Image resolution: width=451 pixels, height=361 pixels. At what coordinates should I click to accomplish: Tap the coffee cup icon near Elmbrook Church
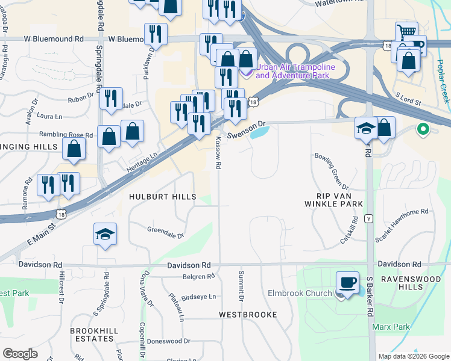(347, 283)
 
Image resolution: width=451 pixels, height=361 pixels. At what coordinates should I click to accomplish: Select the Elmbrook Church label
(300, 294)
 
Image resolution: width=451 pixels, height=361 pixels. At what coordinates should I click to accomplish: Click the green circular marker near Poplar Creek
(423, 129)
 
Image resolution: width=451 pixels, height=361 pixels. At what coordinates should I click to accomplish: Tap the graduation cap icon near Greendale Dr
(105, 235)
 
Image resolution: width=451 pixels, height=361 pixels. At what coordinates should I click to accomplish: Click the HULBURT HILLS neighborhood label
(163, 197)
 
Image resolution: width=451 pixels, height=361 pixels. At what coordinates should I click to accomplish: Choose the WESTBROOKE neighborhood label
(248, 315)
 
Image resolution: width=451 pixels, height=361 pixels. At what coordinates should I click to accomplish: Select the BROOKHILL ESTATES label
(92, 335)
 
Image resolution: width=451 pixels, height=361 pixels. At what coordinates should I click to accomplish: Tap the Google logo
(20, 354)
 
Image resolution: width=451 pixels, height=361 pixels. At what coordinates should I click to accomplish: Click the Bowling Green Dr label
(330, 169)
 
